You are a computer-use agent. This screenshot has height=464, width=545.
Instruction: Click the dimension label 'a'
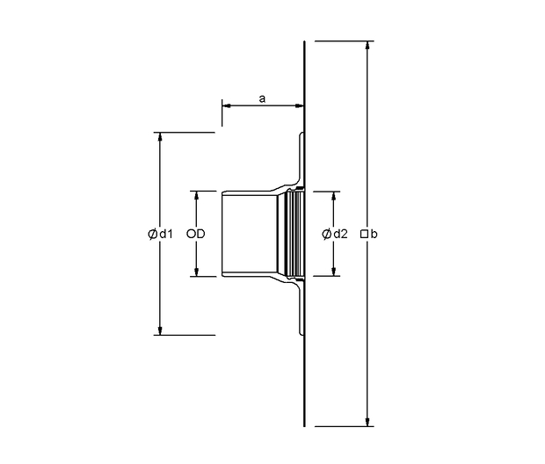263,99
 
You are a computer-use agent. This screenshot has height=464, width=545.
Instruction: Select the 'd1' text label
166,234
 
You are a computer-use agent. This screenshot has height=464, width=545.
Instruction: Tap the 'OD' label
196,234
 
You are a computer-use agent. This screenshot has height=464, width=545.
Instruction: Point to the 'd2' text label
340,234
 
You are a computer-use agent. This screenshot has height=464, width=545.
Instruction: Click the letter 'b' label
374,234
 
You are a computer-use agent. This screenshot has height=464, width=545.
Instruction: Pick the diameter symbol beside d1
152,234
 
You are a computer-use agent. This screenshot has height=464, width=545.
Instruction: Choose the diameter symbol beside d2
326,234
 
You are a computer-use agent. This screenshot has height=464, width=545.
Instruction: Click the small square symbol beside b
364,235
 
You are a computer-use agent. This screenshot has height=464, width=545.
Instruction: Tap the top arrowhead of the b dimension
367,46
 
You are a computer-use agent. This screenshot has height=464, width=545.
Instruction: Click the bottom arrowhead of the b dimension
367,421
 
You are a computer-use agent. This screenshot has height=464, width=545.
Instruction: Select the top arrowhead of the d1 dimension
160,137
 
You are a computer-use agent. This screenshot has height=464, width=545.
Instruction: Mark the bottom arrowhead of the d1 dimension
160,330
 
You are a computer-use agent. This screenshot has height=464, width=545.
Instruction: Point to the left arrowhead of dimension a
228,105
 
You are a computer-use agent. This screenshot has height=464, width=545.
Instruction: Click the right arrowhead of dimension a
299,105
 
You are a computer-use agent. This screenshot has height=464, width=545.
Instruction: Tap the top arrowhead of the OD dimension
196,196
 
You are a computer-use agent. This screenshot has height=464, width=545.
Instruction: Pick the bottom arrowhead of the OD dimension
196,272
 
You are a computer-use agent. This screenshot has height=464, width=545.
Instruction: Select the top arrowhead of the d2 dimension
334,196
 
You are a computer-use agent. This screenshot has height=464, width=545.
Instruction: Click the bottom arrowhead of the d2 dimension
334,272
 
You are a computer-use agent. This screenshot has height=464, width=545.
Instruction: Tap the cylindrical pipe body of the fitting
250,234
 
